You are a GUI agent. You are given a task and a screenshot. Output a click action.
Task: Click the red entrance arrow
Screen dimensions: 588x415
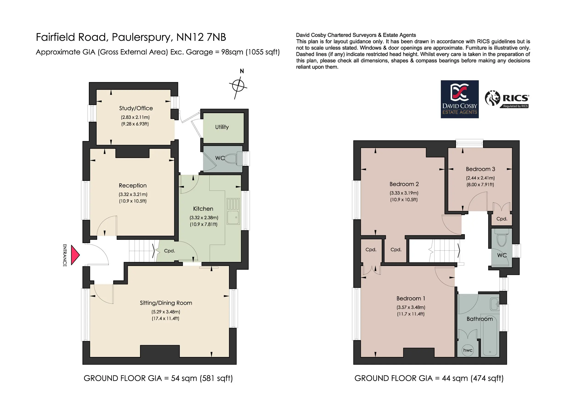[x=75, y=255]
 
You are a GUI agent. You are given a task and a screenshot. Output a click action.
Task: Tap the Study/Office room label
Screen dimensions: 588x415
[x=136, y=108]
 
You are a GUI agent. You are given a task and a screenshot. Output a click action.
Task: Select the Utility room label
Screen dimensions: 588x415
[x=222, y=127]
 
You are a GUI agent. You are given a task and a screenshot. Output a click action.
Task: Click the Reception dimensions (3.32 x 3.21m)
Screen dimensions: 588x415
[x=133, y=194]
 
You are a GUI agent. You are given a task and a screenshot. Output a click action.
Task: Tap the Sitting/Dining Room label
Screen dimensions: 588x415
[x=166, y=303]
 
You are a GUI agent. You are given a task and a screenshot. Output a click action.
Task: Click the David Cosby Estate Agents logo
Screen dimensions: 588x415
[x=460, y=99]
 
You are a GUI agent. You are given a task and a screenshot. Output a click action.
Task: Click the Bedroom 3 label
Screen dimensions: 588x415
[x=481, y=169]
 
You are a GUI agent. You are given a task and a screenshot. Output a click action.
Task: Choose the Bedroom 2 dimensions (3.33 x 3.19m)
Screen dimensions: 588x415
[x=404, y=193]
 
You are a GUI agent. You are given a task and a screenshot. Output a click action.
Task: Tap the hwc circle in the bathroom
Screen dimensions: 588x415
[x=468, y=350]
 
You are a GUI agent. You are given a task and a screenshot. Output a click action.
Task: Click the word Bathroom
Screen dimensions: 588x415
[x=480, y=319]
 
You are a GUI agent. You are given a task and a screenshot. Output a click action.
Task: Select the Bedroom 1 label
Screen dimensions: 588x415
[x=411, y=298]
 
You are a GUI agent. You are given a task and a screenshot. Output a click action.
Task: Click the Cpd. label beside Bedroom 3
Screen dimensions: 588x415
[x=502, y=219]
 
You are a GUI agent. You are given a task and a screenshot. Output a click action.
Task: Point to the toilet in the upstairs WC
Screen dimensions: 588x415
[x=502, y=237]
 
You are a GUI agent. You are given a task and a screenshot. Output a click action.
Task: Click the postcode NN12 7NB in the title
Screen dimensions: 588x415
[x=201, y=37]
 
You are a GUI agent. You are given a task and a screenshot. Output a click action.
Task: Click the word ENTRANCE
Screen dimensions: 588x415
[x=65, y=255]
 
